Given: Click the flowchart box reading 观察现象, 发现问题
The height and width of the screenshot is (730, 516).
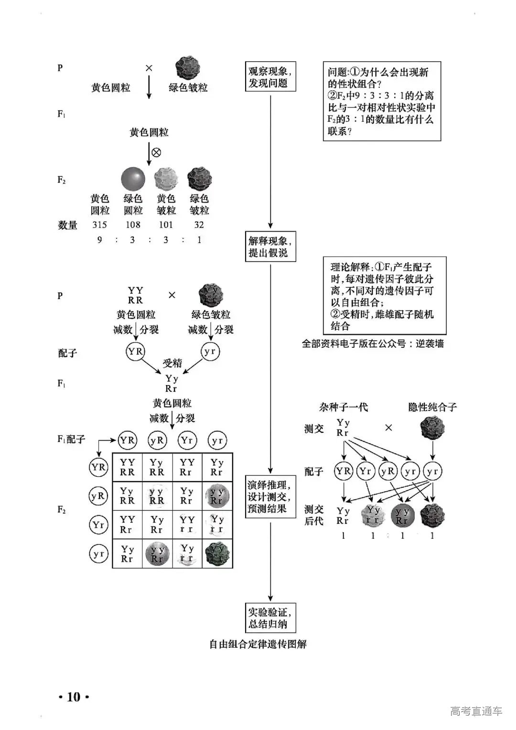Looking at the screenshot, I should (x=270, y=76).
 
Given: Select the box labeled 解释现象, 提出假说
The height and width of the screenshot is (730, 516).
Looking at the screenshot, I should (x=270, y=247).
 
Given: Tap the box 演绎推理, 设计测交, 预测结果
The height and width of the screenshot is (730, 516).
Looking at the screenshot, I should (x=270, y=496).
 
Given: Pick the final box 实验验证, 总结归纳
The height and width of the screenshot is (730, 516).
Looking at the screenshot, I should (x=270, y=618).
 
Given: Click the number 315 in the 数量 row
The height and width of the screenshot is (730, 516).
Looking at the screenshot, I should (x=99, y=225).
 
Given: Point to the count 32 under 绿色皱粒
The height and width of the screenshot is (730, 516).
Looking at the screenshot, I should (x=199, y=225).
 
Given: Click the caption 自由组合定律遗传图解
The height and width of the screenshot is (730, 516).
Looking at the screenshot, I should (x=258, y=644).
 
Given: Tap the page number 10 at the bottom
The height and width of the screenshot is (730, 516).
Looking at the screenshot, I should (x=74, y=697).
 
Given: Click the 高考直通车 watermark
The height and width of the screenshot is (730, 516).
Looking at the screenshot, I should (x=476, y=711).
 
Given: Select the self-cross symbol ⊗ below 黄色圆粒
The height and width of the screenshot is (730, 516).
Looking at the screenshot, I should (x=156, y=152).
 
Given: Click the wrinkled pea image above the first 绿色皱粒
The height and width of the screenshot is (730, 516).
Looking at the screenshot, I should (x=188, y=68).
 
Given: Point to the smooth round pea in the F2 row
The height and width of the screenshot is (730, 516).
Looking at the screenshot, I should (x=133, y=179).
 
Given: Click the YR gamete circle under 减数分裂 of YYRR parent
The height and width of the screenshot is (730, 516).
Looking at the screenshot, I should (x=135, y=352).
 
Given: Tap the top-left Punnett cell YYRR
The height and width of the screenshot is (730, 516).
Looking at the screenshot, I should (x=128, y=467).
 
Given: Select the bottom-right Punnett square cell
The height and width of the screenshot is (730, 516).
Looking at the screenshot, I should (x=217, y=554).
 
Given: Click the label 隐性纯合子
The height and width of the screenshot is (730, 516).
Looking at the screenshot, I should (x=432, y=407).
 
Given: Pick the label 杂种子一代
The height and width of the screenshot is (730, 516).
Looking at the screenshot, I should (x=343, y=407).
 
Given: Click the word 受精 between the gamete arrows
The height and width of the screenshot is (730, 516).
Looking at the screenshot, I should (x=172, y=363).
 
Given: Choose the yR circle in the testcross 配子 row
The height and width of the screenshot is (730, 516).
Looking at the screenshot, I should (x=387, y=472).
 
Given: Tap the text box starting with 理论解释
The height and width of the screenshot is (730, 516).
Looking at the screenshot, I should (x=385, y=296).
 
